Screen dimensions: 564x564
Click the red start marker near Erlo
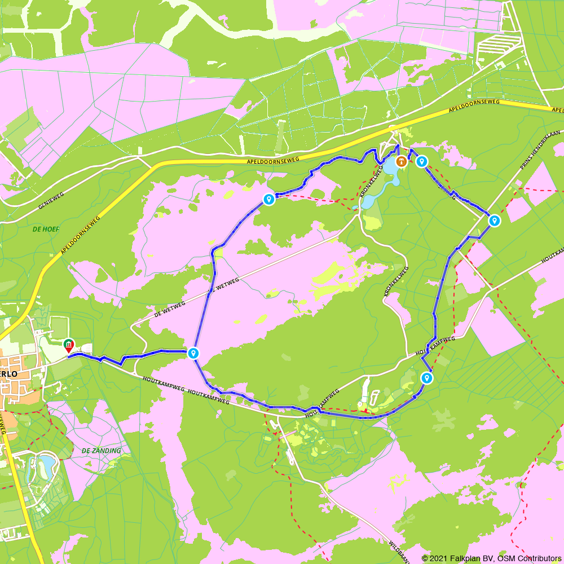click(x=68, y=344)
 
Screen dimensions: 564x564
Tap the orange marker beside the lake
click(x=401, y=162)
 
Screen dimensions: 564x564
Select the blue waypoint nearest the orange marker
click(x=421, y=162)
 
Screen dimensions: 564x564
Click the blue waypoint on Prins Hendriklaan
click(x=494, y=221)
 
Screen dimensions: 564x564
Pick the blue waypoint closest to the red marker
click(x=193, y=354)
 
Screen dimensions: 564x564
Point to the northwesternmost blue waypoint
click(x=269, y=199)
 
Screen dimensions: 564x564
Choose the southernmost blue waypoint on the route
click(x=427, y=378)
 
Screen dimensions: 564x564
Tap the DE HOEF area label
click(x=46, y=229)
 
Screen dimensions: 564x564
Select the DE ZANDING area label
click(x=101, y=451)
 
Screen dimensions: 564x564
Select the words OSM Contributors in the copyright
click(x=528, y=558)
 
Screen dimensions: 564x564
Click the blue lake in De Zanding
click(x=46, y=464)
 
